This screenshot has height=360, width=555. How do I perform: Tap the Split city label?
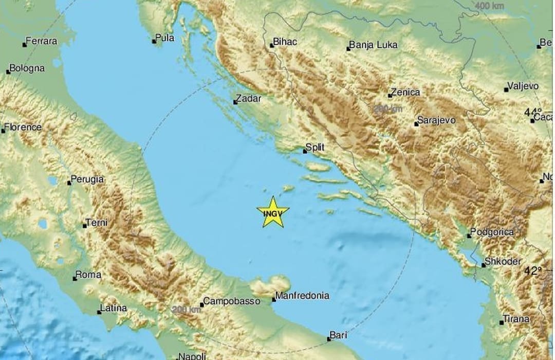coord(316,148)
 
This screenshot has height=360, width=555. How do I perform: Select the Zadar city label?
coord(249,98)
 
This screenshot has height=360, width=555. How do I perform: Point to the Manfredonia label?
coord(302,296)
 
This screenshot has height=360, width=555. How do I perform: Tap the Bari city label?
coord(339,335)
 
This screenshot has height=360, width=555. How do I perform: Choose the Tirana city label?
coord(516,319)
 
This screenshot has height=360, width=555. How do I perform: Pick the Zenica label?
coord(405,93)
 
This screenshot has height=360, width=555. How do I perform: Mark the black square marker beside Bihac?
coord(272,46)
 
